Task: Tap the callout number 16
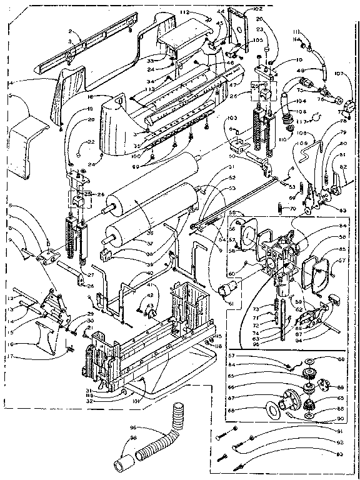(x=11, y=343)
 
